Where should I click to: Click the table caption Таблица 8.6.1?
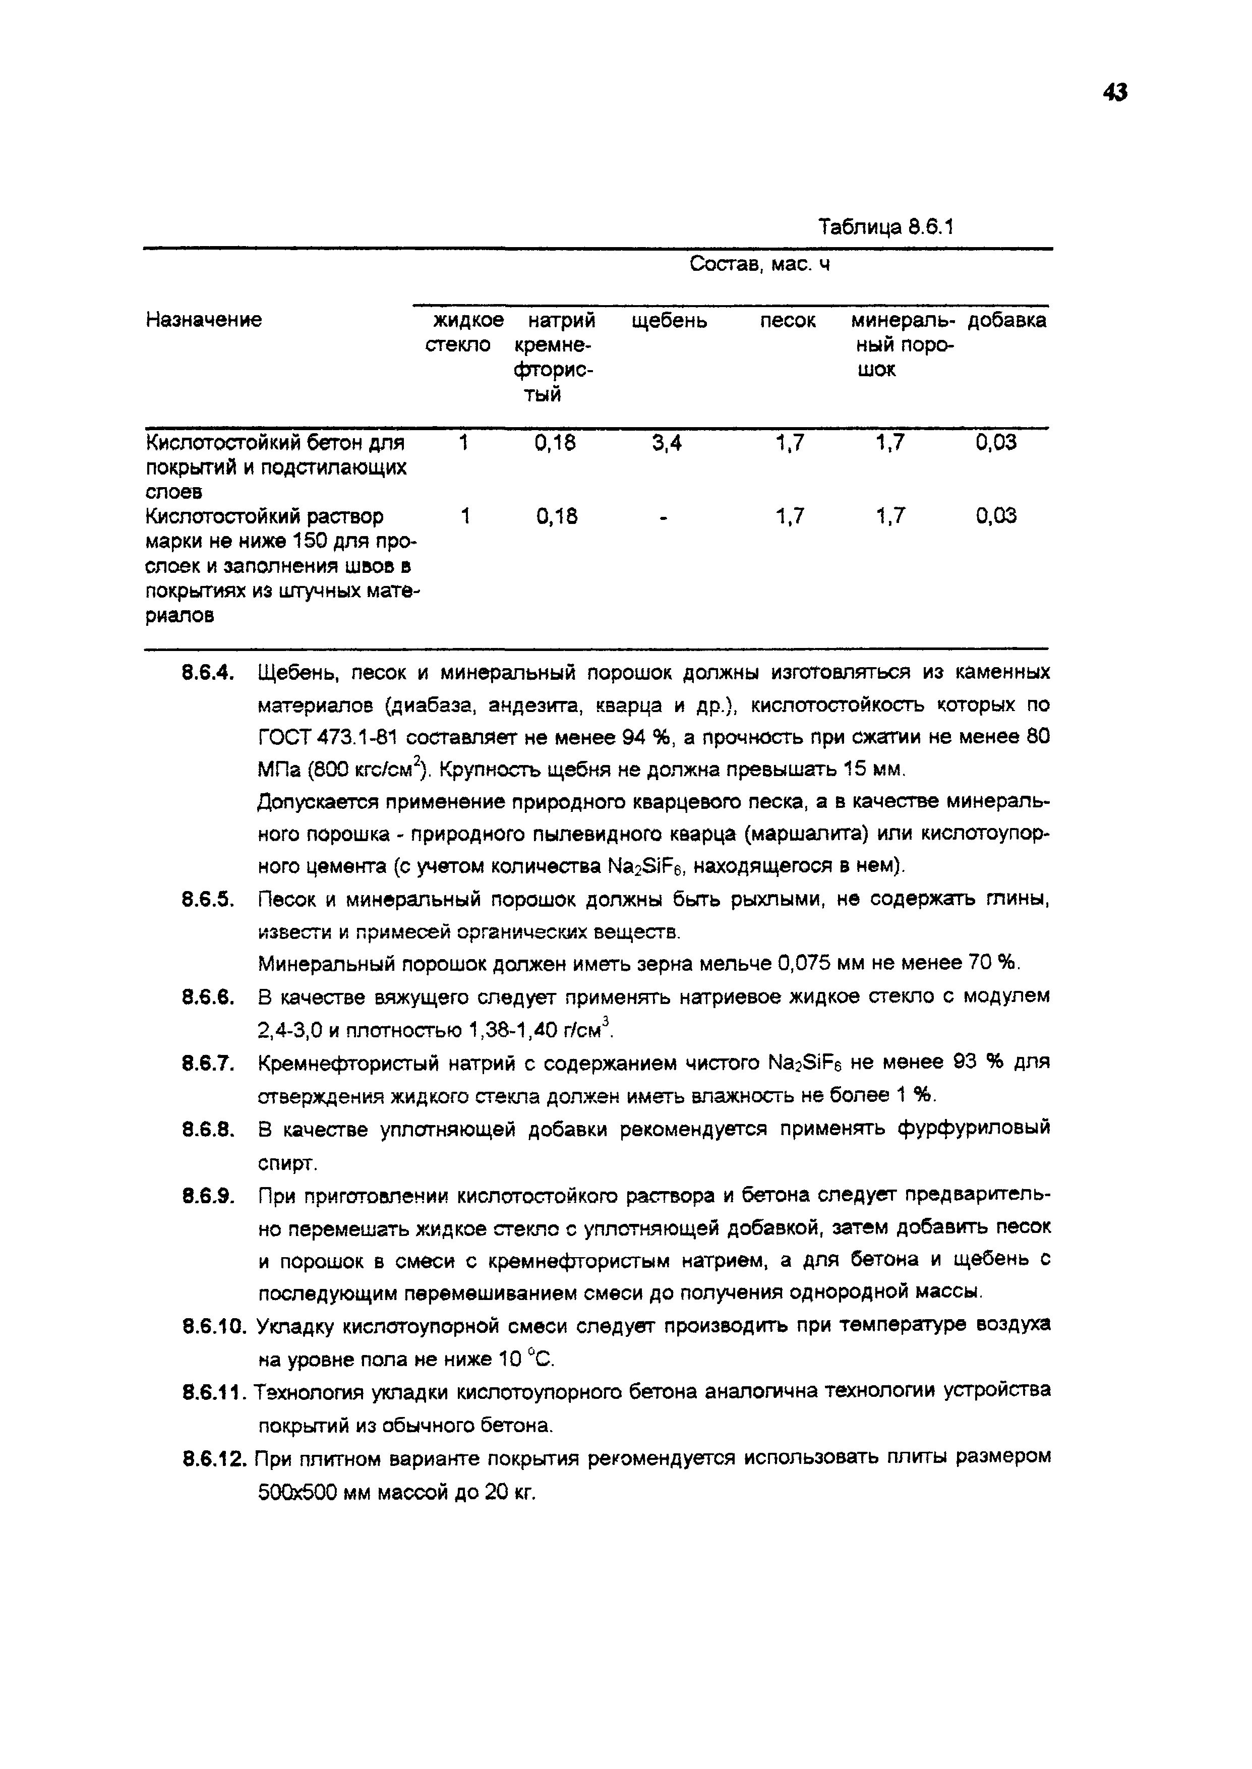click(886, 227)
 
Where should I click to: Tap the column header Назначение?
click(204, 320)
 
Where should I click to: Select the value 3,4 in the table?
click(666, 442)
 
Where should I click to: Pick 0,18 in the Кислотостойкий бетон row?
click(555, 442)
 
